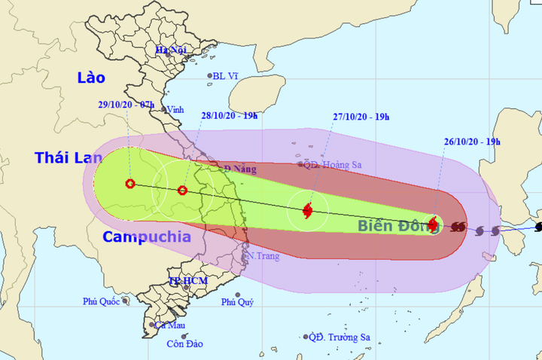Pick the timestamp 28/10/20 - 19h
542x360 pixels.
pyautogui.click(x=230, y=116)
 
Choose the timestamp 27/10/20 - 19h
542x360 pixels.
pyautogui.click(x=361, y=117)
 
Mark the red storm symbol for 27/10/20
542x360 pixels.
pyautogui.click(x=308, y=212)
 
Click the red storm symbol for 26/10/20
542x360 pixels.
pyautogui.click(x=433, y=224)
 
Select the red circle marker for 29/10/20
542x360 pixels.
pyautogui.click(x=130, y=183)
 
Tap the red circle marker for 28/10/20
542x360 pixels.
pyautogui.click(x=182, y=191)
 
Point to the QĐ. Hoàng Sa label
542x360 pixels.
pyautogui.click(x=329, y=164)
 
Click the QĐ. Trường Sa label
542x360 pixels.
pyautogui.click(x=341, y=337)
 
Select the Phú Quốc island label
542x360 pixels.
pyautogui.click(x=100, y=302)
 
